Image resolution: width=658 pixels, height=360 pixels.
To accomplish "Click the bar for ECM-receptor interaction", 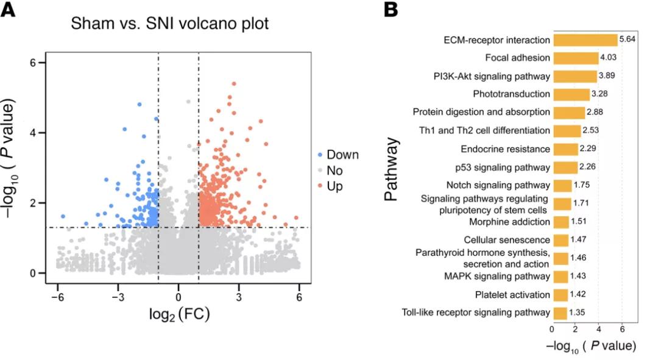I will tap(584, 40).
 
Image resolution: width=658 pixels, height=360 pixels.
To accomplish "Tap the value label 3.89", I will tap(607, 76).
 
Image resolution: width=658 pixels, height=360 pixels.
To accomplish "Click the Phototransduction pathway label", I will tap(512, 94).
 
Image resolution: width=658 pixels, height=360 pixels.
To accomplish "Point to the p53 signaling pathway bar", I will tap(565, 167).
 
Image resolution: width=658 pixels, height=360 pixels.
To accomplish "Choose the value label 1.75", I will tap(582, 185).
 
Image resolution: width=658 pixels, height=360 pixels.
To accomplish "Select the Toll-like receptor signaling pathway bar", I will tap(559, 313).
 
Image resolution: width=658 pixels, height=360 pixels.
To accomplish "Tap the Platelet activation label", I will tap(513, 295).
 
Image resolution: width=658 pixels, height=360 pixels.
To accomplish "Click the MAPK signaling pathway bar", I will tap(560, 277).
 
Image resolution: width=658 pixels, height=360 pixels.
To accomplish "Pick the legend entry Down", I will tap(342, 155).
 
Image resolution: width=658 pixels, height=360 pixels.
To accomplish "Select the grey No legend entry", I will tap(334, 171).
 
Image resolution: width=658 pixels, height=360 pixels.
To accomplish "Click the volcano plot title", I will tap(169, 24).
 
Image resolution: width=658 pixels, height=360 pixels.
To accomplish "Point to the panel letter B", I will tap(391, 10).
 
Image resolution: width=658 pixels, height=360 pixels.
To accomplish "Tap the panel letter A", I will tap(9, 10).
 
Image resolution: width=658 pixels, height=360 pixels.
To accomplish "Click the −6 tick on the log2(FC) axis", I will tap(57, 297).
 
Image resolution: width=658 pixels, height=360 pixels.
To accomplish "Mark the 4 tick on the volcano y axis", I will tap(35, 133).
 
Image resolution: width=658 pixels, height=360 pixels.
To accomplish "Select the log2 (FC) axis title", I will tap(180, 315).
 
